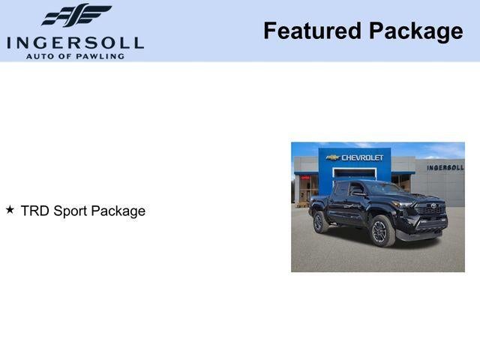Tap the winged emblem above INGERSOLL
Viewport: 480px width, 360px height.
tap(76, 15)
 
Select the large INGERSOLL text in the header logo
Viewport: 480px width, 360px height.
tap(75, 42)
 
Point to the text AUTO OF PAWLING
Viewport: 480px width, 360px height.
tap(75, 55)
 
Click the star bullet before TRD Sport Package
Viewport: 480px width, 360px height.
tap(10, 210)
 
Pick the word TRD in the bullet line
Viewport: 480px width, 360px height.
tap(34, 211)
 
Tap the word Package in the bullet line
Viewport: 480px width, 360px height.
tap(118, 211)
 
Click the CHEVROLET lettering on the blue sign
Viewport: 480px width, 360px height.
tap(362, 157)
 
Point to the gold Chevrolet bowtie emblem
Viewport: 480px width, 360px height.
tap(333, 157)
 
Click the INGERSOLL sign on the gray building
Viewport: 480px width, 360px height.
tap(445, 167)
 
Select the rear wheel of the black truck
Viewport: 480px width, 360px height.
tap(320, 222)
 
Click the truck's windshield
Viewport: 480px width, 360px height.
tap(382, 189)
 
